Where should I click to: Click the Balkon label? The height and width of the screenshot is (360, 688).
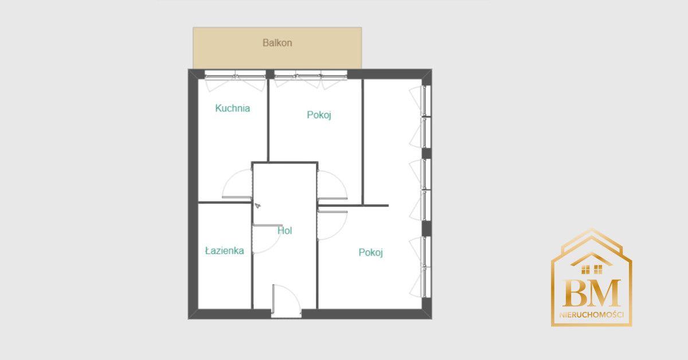(x=277, y=42)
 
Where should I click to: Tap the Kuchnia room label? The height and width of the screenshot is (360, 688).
(x=233, y=108)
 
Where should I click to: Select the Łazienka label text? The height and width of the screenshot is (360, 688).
(x=225, y=251)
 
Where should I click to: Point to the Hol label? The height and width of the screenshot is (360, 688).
(x=285, y=230)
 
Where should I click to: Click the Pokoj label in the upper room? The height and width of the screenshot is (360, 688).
(x=319, y=115)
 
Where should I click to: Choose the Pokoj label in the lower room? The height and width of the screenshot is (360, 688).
(x=371, y=252)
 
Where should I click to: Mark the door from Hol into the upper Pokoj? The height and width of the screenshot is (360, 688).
(x=333, y=185)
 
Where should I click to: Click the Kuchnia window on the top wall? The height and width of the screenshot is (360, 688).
(x=235, y=81)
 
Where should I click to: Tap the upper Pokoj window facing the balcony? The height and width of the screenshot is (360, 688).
(x=311, y=80)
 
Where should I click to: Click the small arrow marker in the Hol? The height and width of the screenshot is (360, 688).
(x=257, y=205)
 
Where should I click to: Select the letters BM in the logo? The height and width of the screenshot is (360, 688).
(x=592, y=293)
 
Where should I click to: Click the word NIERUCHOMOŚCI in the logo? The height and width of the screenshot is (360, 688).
(x=592, y=315)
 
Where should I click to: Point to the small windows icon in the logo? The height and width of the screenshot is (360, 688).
(x=592, y=269)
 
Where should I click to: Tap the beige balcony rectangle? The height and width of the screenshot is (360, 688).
(x=277, y=48)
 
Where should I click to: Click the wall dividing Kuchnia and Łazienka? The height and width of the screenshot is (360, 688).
(x=225, y=203)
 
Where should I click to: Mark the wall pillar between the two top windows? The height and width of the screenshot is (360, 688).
(x=270, y=75)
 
